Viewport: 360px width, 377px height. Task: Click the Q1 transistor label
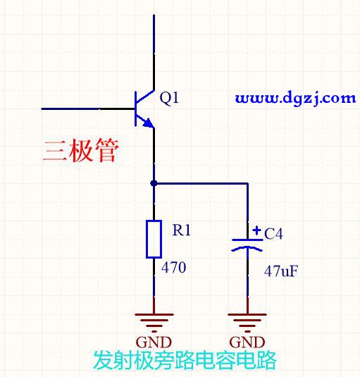click(169, 99)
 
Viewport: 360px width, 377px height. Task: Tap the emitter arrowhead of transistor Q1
click(149, 123)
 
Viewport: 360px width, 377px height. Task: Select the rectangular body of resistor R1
click(154, 239)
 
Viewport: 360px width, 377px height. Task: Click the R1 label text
click(182, 230)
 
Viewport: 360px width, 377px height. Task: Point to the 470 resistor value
click(173, 267)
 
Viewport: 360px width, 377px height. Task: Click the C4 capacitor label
click(273, 233)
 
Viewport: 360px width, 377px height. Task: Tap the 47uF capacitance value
click(281, 271)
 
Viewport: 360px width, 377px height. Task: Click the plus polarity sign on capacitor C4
click(256, 230)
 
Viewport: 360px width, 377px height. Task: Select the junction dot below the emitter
click(154, 183)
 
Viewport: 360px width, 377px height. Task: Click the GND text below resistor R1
click(154, 342)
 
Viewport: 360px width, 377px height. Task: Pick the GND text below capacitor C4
click(247, 342)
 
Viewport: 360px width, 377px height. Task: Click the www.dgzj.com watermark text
click(296, 99)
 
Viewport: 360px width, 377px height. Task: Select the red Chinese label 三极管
click(81, 151)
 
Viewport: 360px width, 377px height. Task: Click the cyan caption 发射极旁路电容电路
click(185, 360)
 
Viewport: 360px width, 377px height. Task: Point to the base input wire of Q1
click(88, 109)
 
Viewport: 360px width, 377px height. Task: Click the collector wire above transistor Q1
click(154, 52)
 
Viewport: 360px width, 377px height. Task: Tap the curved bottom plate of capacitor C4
click(247, 249)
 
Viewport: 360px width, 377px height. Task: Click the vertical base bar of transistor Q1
click(136, 109)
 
